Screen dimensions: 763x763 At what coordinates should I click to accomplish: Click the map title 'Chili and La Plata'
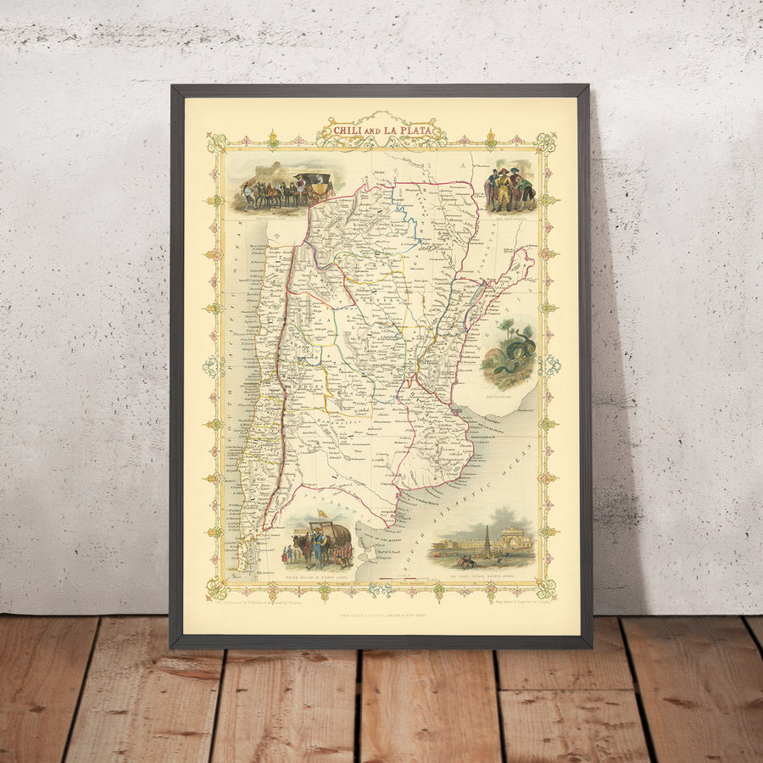381,131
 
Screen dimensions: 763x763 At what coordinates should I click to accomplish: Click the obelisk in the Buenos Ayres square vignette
487,539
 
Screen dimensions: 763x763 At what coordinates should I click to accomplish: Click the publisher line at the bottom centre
381,613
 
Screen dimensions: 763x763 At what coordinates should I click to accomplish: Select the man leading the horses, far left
247,194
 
